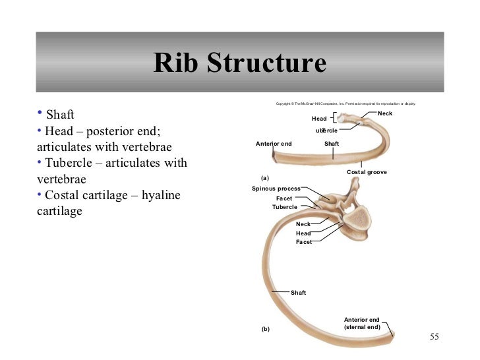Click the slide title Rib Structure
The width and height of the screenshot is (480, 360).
pos(239,63)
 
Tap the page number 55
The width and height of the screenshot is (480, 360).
pos(434,338)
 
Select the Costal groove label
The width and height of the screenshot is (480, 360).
pos(367,172)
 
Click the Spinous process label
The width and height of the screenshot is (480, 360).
pos(276,189)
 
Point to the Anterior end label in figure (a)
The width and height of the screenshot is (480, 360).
pos(274,143)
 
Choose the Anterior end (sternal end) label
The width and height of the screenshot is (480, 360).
pos(362,323)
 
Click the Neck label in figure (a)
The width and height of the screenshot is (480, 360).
pos(385,114)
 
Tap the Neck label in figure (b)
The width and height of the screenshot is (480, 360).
pos(303,224)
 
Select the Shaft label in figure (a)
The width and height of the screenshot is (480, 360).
pos(332,143)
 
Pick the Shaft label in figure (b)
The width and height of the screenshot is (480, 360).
pos(298,292)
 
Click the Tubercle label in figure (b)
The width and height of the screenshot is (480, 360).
pos(285,207)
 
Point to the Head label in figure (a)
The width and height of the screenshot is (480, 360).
pos(319,119)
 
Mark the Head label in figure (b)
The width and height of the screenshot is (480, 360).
pos(303,233)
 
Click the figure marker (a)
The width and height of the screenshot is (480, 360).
pos(266,178)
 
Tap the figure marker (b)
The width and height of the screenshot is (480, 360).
pos(266,328)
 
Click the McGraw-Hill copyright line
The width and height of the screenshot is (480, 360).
pos(345,104)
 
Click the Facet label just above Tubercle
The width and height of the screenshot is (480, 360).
pos(285,198)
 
